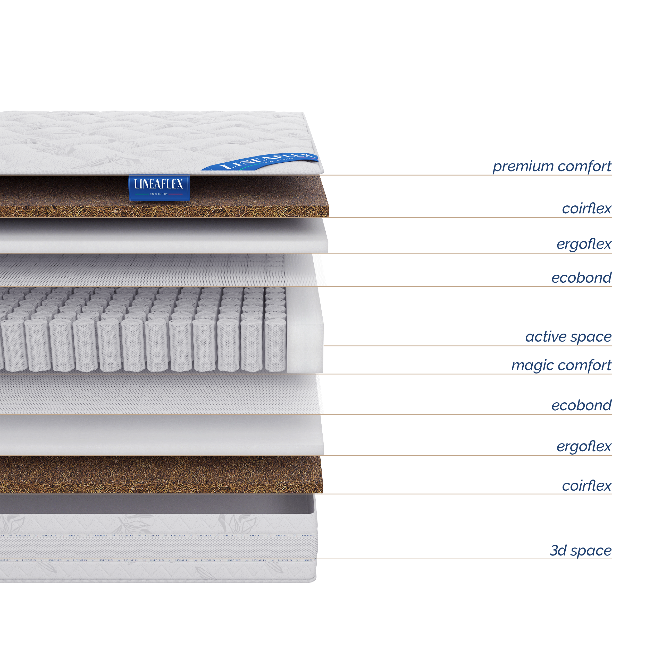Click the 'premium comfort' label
click(x=551, y=167)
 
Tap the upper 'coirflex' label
click(x=587, y=208)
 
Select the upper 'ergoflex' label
click(x=584, y=244)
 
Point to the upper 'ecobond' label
click(x=581, y=278)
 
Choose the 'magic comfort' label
click(x=561, y=366)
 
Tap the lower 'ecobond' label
click(x=581, y=405)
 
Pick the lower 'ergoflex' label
click(x=584, y=447)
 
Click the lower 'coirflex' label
click(x=587, y=486)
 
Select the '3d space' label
click(x=581, y=550)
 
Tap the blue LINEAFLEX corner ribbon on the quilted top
click(x=264, y=161)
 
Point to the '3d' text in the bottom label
click(x=558, y=550)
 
